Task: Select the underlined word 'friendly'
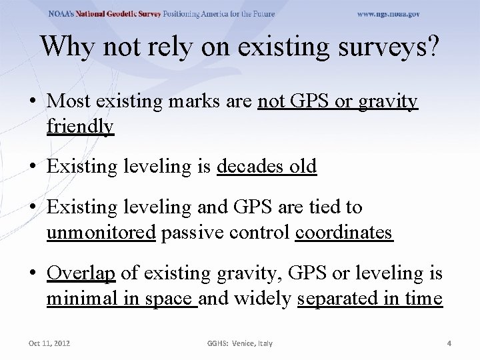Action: pos(80,126)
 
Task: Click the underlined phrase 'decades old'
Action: pos(267,166)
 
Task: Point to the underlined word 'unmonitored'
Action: pos(101,233)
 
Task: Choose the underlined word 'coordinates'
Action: pos(343,233)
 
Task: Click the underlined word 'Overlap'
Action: pos(81,273)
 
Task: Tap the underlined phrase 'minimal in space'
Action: pos(121,299)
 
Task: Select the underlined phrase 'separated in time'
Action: pos(369,299)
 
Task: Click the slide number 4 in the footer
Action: pos(449,343)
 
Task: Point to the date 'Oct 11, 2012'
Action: pos(49,343)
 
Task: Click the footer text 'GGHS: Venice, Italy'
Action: pos(239,343)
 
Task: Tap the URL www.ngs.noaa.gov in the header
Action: pos(389,14)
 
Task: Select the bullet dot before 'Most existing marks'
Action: pos(32,101)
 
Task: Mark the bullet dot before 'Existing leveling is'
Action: pos(32,167)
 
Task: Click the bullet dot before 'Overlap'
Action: pos(32,274)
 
